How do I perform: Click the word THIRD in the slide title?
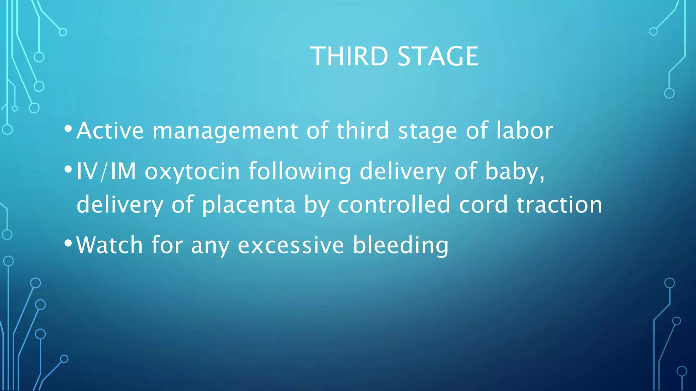[x=349, y=56]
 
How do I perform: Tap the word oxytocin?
[x=192, y=172]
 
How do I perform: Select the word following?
[x=299, y=172]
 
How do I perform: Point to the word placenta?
[x=248, y=205]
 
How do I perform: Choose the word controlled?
[x=394, y=204]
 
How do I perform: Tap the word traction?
[x=559, y=204]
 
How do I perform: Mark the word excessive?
[x=291, y=245]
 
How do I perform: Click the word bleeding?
[x=401, y=245]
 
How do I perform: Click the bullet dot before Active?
[x=68, y=129]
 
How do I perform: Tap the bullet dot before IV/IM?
[x=68, y=169]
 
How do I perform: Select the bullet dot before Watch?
[x=68, y=243]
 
